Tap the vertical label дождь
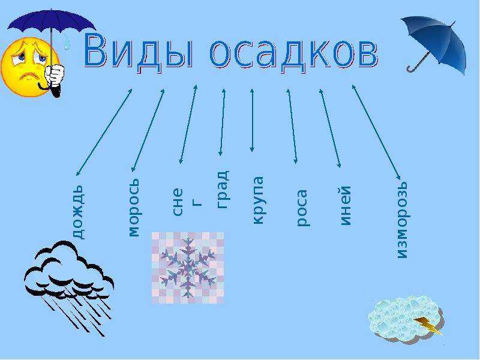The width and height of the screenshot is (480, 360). pyautogui.click(x=77, y=212)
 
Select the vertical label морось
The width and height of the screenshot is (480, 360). pyautogui.click(x=134, y=208)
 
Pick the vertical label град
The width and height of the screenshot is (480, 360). pyautogui.click(x=223, y=189)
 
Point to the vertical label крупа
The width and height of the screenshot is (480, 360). pyautogui.click(x=257, y=200)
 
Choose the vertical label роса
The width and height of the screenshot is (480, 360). pyautogui.click(x=302, y=208)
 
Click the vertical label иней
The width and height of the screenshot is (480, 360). pyautogui.click(x=345, y=205)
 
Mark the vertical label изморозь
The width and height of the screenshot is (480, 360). pyautogui.click(x=402, y=220)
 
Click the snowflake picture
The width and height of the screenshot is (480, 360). pyautogui.click(x=188, y=268)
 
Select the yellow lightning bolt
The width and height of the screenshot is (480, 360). pyautogui.click(x=428, y=325)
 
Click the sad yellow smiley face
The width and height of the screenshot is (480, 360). pyautogui.click(x=29, y=67)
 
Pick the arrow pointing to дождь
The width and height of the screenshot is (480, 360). pyautogui.click(x=104, y=132)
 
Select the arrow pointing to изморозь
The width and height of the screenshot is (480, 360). pyautogui.click(x=376, y=132)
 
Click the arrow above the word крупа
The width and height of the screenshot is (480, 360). pyautogui.click(x=252, y=121)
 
